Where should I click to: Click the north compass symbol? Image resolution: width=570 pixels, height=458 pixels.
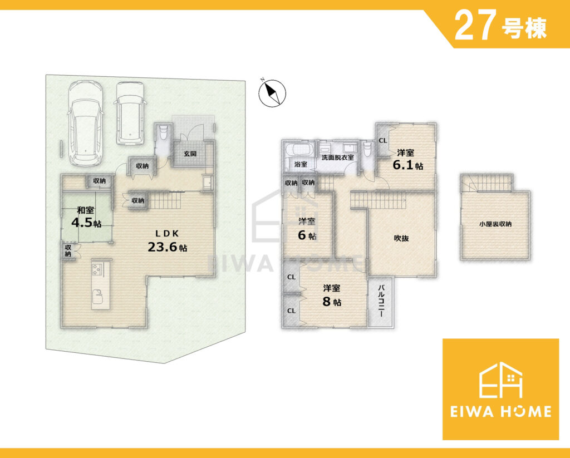pyautogui.click(x=273, y=93)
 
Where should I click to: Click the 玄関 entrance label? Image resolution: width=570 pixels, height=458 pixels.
pyautogui.click(x=190, y=154)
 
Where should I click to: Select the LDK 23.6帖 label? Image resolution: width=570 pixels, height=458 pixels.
pyautogui.click(x=167, y=241)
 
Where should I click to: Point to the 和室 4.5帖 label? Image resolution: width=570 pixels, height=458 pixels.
pyautogui.click(x=86, y=217)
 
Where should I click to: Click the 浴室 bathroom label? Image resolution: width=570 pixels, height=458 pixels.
pyautogui.click(x=301, y=164)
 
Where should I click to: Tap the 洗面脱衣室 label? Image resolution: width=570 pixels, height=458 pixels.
pyautogui.click(x=337, y=157)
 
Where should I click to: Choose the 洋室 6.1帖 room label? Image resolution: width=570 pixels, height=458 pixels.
pyautogui.click(x=407, y=160)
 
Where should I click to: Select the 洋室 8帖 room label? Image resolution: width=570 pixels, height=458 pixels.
pyautogui.click(x=332, y=295)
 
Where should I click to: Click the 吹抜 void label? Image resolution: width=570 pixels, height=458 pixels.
pyautogui.click(x=402, y=238)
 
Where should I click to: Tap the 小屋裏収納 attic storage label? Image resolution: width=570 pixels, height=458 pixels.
pyautogui.click(x=495, y=224)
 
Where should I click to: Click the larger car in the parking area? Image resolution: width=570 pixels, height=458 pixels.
pyautogui.click(x=85, y=123)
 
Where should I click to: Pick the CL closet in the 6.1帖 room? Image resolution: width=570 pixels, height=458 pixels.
pyautogui.click(x=383, y=141)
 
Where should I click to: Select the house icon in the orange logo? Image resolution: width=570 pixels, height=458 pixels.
pyautogui.click(x=500, y=380)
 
